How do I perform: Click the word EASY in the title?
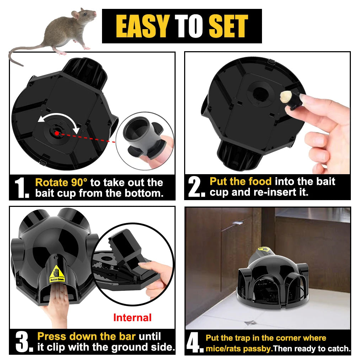pos(143,26)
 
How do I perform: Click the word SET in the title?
pos(228,26)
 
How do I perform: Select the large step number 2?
pos(196,187)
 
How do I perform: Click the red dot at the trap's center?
pos(57,133)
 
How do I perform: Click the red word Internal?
pos(132,317)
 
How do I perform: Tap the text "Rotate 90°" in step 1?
pos(61,183)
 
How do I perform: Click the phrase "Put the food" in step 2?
pos(240,181)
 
